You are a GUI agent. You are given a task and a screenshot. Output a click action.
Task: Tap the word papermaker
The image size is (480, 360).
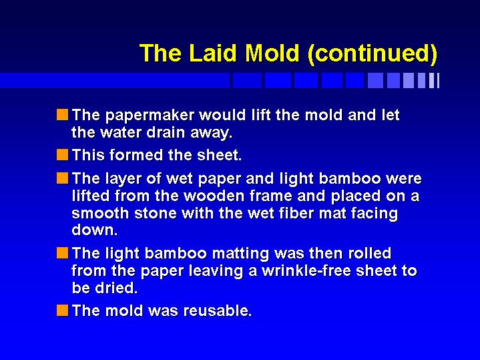pos(150,116)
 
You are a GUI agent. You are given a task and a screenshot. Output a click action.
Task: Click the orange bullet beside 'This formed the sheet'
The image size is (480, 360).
pos(62,155)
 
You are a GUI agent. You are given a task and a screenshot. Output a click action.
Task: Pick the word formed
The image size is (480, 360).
pos(136,155)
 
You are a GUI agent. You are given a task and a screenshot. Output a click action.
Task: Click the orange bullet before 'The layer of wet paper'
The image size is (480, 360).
pos(62,178)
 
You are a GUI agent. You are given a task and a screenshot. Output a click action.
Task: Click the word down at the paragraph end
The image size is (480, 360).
pos(94,230)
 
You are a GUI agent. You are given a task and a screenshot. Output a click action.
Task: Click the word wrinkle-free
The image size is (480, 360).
pos(306,271)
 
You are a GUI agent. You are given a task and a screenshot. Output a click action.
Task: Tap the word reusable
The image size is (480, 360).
pos(218,311)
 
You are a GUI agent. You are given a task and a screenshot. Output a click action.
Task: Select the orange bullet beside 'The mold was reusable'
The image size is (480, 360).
pos(62,311)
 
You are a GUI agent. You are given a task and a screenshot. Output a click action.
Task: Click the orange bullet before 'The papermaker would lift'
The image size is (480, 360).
pos(62,115)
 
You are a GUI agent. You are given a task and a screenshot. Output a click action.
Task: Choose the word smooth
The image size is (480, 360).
pos(100,213)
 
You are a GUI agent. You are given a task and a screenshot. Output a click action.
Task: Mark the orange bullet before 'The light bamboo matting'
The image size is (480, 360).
pos(62,253)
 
